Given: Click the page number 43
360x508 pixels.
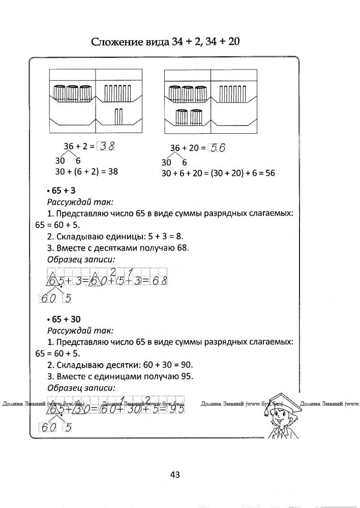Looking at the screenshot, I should pyautogui.click(x=175, y=475).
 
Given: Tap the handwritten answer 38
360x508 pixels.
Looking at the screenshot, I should pyautogui.click(x=107, y=147).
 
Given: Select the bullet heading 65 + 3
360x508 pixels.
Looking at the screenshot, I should pyautogui.click(x=60, y=191).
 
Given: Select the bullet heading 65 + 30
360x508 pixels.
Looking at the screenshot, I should pyautogui.click(x=63, y=320).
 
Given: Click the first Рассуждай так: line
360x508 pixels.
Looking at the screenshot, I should pyautogui.click(x=80, y=202).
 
